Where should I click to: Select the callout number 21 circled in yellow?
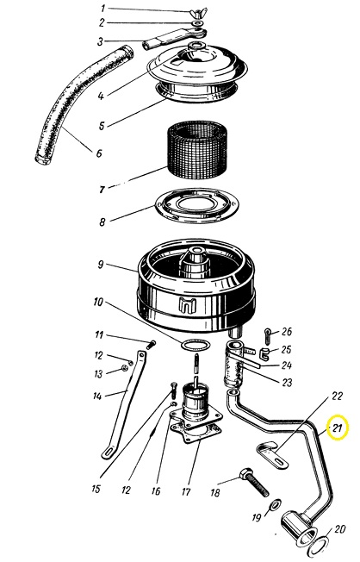[x=338, y=428]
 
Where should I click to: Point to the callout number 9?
[x=101, y=265]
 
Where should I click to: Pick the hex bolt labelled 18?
[x=254, y=482]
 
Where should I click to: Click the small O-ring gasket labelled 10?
[x=195, y=346]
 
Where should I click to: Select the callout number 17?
[x=186, y=491]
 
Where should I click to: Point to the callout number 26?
[x=287, y=332]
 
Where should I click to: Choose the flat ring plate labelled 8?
[x=196, y=206]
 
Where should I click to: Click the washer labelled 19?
[x=276, y=505]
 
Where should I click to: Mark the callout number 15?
[x=96, y=489]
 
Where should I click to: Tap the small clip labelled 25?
[x=264, y=353]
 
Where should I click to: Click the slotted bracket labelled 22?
[x=272, y=454]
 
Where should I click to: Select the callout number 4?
[x=101, y=96]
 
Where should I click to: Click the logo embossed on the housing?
[x=188, y=304]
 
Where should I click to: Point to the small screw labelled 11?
[x=152, y=345]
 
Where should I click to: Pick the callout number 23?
[x=288, y=382]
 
